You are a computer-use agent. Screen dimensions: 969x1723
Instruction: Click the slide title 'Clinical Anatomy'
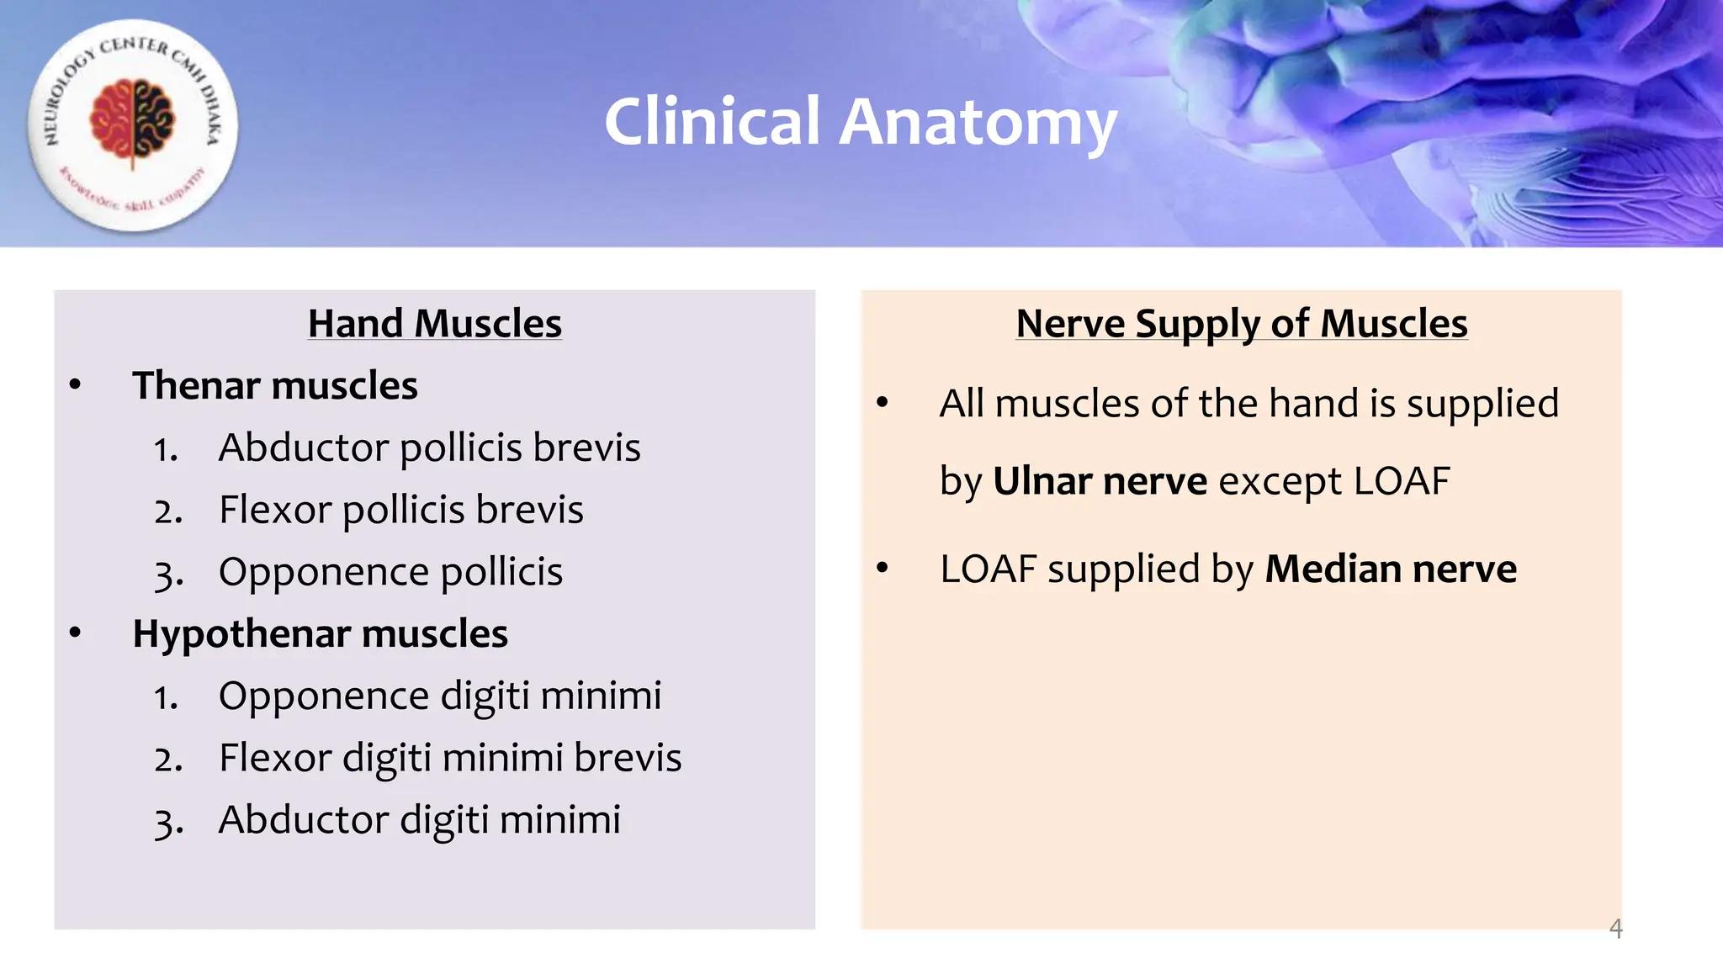(860, 123)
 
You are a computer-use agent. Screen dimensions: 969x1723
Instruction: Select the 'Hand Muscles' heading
(435, 324)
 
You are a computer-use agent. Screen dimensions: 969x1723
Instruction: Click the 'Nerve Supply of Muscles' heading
(1242, 324)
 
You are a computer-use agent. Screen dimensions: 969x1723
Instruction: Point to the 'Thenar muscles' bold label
(275, 386)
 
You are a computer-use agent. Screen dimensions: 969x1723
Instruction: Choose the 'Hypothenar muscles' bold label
(320, 634)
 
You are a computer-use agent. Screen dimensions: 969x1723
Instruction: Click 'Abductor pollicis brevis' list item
(429, 447)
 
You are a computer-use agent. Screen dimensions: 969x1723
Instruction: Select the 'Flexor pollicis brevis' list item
(400, 510)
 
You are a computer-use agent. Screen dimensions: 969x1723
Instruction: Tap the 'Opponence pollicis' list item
(390, 572)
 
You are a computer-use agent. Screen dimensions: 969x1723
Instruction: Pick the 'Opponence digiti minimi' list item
(440, 696)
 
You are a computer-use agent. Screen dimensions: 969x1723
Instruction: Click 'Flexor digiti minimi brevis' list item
(450, 758)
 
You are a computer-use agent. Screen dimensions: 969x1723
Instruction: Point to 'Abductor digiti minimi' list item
(419, 820)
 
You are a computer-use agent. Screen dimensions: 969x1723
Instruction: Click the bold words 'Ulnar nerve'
(1100, 481)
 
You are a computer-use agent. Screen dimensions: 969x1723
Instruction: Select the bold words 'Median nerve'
(1391, 569)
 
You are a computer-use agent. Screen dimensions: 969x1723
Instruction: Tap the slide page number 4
(1615, 929)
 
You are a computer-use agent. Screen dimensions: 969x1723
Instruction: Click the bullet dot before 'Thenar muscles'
(76, 385)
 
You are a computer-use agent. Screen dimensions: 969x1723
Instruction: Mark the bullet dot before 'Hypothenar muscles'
(76, 633)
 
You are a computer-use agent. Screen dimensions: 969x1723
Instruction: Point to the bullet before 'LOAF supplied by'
(882, 569)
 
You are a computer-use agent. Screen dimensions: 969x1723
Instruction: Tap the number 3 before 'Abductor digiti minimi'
(167, 822)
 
